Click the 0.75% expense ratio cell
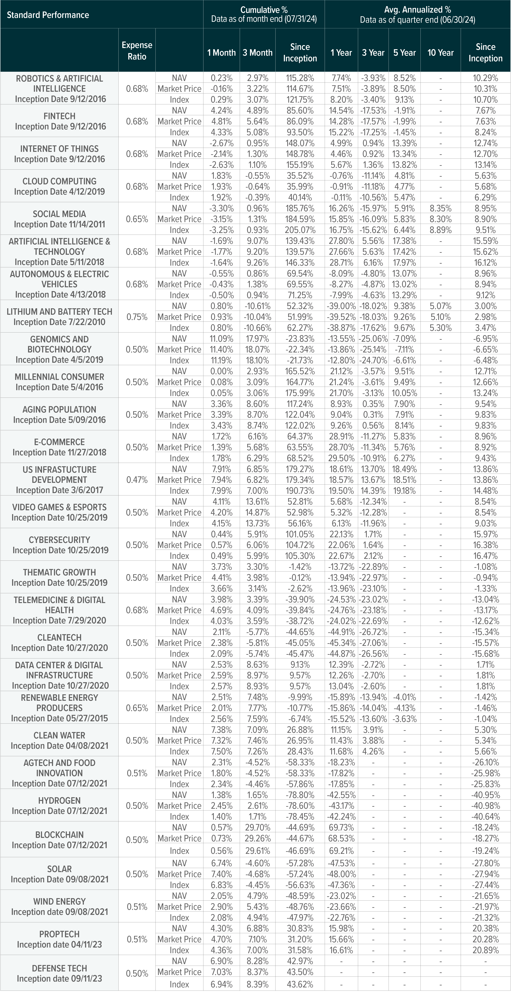tap(137, 317)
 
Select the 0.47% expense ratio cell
tap(137, 480)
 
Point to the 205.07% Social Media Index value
tap(300, 230)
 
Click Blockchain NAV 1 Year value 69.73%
tap(341, 827)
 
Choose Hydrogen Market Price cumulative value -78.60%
tap(300, 806)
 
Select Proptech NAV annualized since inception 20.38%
tap(485, 928)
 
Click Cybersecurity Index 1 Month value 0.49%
tap(221, 556)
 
